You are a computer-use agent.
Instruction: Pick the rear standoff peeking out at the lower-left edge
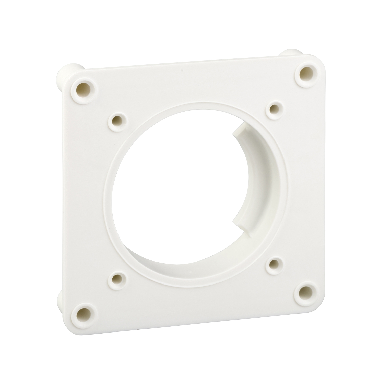(x=61, y=303)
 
